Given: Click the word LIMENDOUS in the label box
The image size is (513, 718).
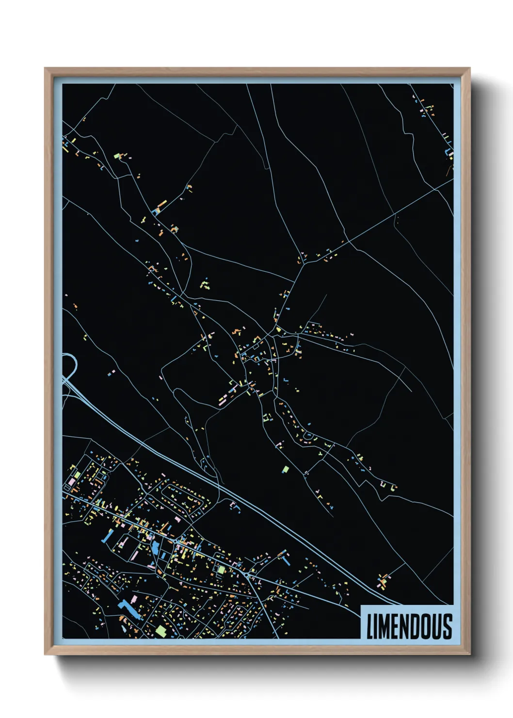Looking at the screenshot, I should (x=409, y=626).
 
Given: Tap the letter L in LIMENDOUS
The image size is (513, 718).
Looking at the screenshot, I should (x=370, y=626).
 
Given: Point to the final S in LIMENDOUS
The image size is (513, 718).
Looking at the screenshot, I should (x=447, y=626).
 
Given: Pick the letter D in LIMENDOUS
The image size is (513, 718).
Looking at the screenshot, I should (x=416, y=626).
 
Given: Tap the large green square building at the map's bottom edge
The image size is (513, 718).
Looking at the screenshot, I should (x=160, y=631).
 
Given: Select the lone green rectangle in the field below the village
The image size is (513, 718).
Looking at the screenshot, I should (x=286, y=469).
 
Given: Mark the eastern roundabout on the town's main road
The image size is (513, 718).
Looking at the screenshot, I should (x=248, y=575).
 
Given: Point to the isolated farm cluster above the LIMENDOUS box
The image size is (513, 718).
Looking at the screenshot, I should (x=384, y=581).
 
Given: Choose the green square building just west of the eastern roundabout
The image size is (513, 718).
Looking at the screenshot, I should (x=222, y=569).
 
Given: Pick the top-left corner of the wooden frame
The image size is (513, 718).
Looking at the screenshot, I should (x=46, y=69).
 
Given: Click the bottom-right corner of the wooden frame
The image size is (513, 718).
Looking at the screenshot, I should (x=469, y=654).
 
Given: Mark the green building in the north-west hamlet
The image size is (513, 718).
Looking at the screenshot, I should (x=116, y=156).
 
